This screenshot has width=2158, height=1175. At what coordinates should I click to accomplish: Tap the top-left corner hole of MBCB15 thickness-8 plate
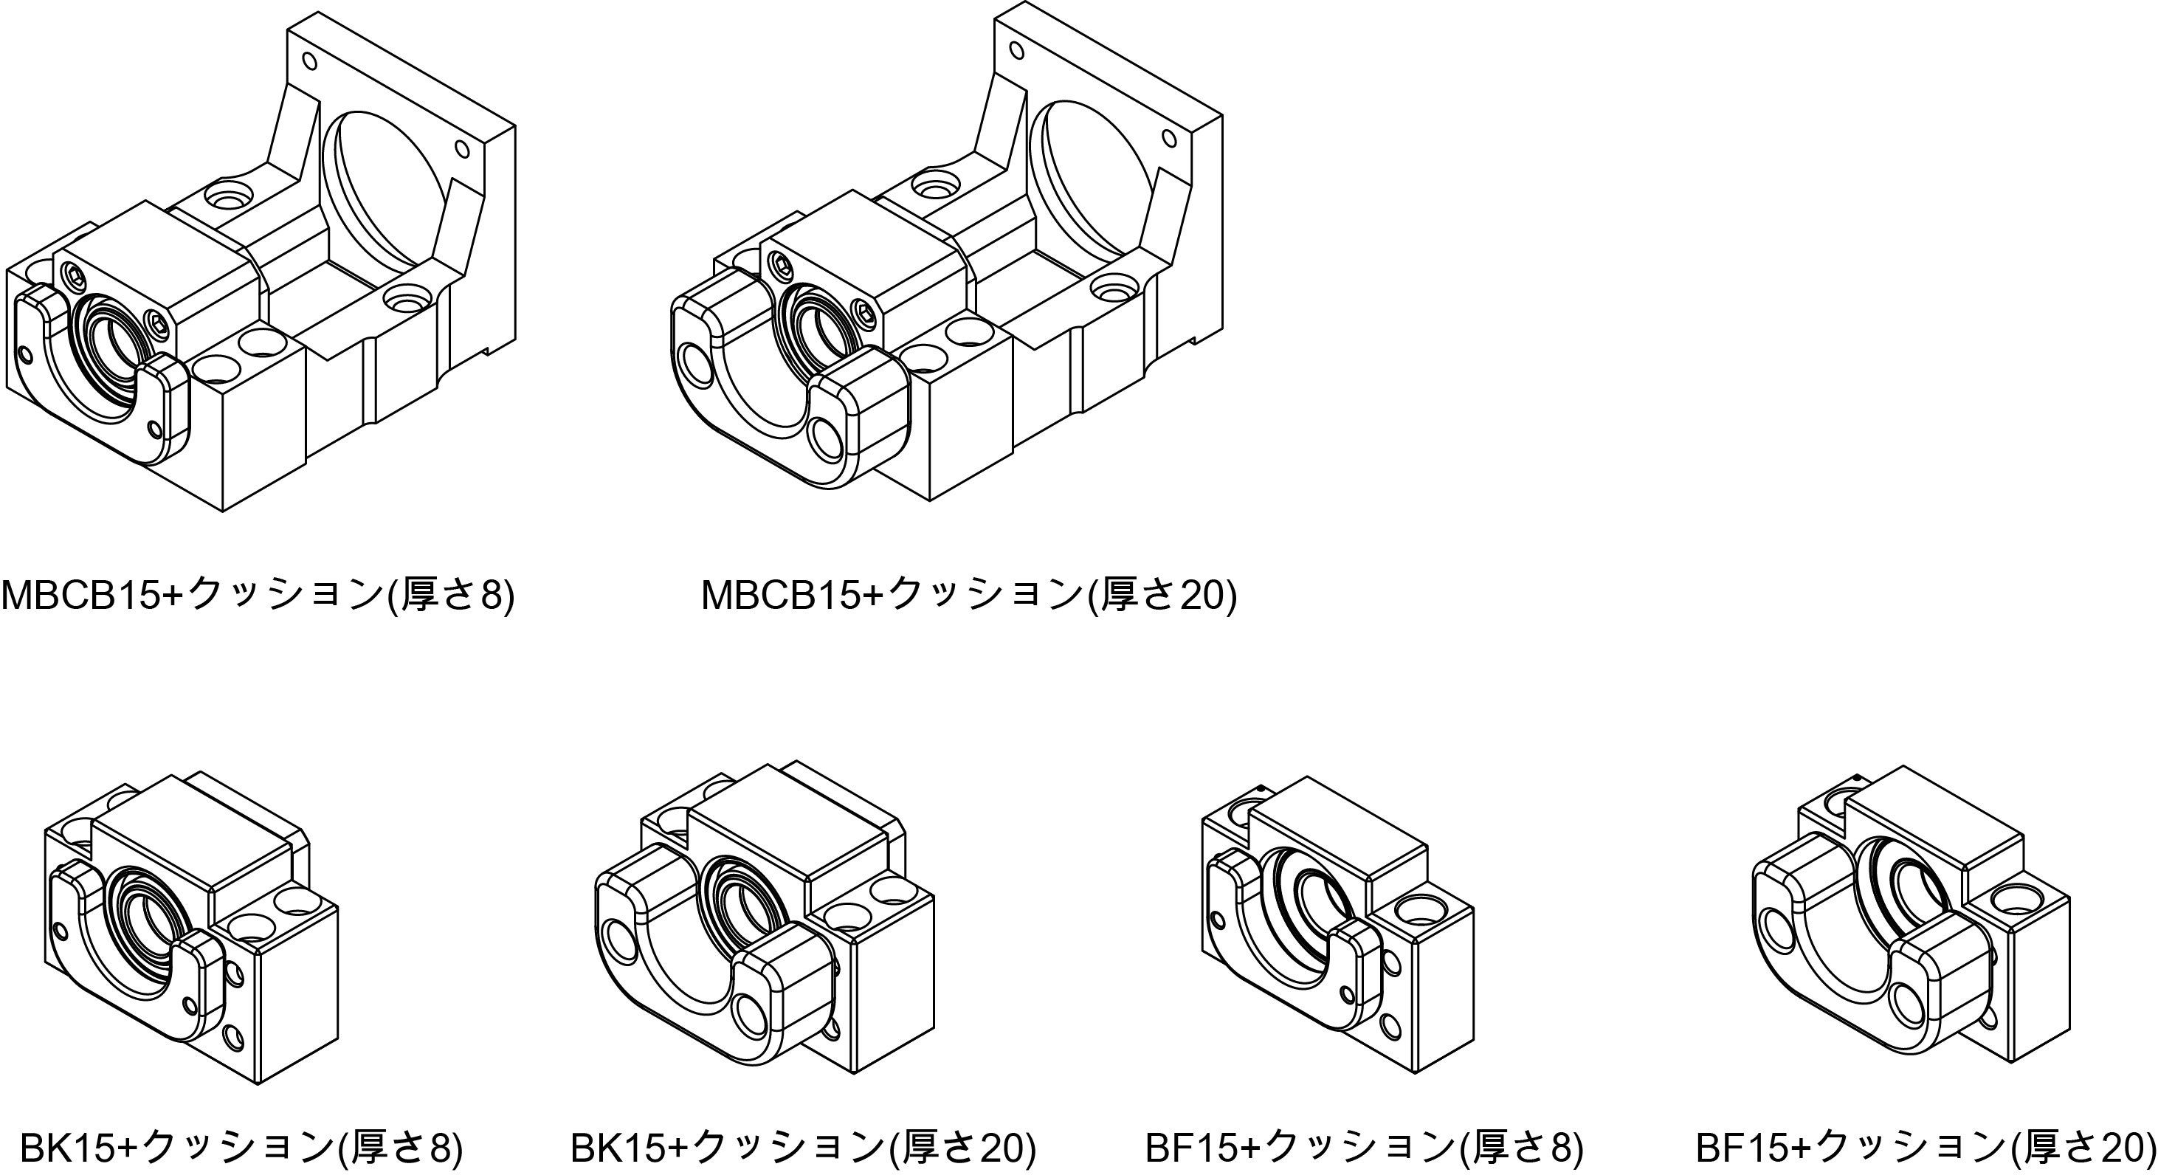[309, 61]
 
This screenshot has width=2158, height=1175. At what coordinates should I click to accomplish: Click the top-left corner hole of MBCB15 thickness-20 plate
[1017, 51]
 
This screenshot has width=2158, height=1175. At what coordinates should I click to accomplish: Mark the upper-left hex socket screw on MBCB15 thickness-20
[783, 266]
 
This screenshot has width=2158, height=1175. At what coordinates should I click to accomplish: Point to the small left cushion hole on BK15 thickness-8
[58, 932]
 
